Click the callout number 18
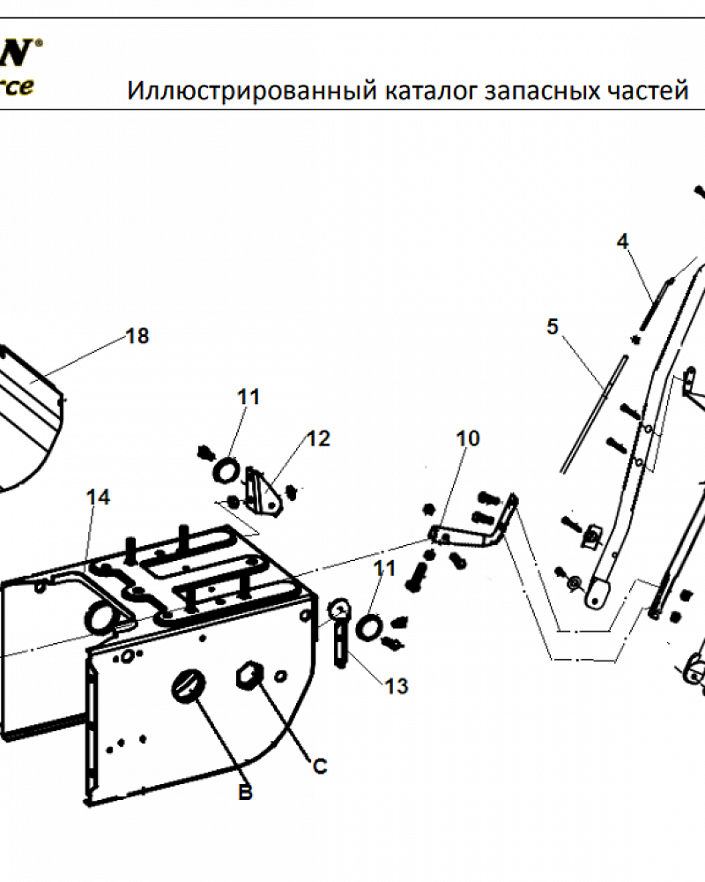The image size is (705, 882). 137,336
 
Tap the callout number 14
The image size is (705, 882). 98,497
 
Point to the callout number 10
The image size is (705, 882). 468,438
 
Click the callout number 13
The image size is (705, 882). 397,685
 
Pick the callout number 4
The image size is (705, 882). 622,241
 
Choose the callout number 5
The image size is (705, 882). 553,327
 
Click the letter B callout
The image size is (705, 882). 246,793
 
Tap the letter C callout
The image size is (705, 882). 320,766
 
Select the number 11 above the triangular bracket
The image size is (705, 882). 249,397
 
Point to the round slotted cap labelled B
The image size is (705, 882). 189,686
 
